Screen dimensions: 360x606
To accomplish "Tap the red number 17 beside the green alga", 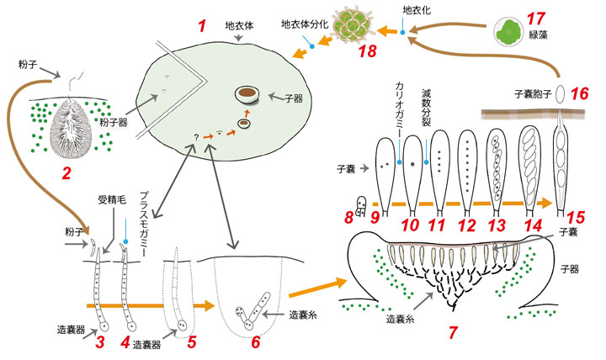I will [x=532, y=17].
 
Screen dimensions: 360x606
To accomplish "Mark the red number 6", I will [x=256, y=342].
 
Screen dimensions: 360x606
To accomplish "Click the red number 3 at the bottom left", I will [x=99, y=342].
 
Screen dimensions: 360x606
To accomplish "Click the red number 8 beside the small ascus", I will [x=349, y=218].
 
